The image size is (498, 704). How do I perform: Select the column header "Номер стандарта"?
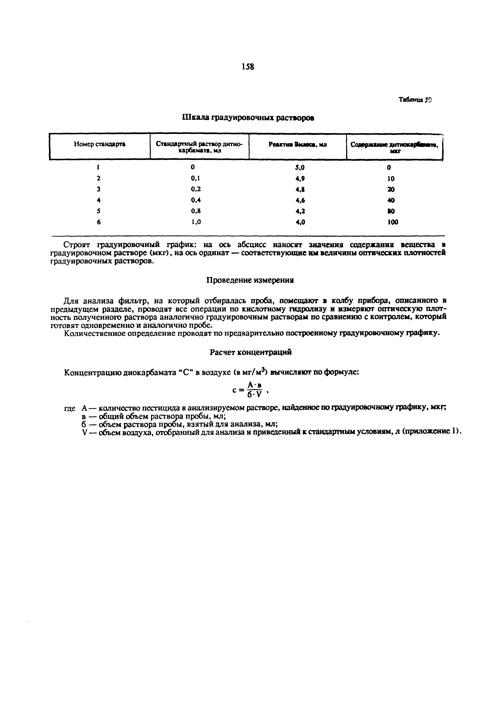coord(100,144)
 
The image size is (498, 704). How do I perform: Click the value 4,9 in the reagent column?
coord(300,178)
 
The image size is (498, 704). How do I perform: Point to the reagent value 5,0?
coord(300,168)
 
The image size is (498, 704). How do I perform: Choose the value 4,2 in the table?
coord(300,211)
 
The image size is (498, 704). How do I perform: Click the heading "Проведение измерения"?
coord(250,280)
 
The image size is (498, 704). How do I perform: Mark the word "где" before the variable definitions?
coord(70,409)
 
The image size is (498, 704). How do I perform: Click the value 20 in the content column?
coord(391,189)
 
